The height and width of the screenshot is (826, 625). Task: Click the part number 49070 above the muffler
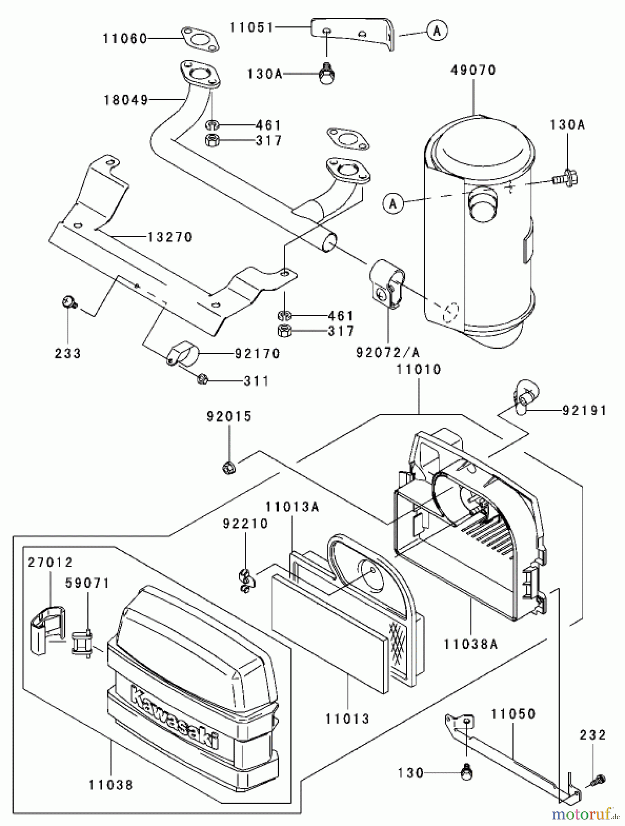click(x=473, y=70)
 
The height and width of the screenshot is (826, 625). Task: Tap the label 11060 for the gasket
click(x=125, y=39)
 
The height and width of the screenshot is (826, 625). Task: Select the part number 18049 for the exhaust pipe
click(x=125, y=100)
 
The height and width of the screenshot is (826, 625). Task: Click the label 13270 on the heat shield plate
click(x=170, y=237)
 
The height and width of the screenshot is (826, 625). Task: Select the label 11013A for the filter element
click(x=292, y=507)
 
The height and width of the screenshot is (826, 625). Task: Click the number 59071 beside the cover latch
click(x=87, y=583)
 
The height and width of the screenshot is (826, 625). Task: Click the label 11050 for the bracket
click(x=513, y=714)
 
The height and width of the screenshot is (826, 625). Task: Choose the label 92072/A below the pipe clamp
click(x=387, y=352)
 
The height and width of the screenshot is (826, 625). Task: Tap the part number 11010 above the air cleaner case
click(x=419, y=369)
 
